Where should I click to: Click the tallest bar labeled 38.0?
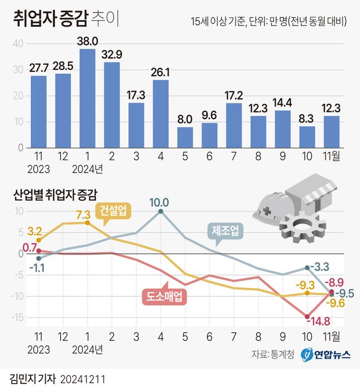click(87, 98)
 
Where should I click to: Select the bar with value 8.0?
click(185, 137)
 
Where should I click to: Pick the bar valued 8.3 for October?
click(307, 137)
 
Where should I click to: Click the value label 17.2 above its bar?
click(233, 95)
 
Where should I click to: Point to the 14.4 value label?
click(282, 102)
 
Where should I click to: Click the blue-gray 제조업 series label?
click(226, 230)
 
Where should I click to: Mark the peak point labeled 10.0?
click(161, 211)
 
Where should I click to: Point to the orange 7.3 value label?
click(83, 214)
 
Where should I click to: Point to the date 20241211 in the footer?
click(82, 377)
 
